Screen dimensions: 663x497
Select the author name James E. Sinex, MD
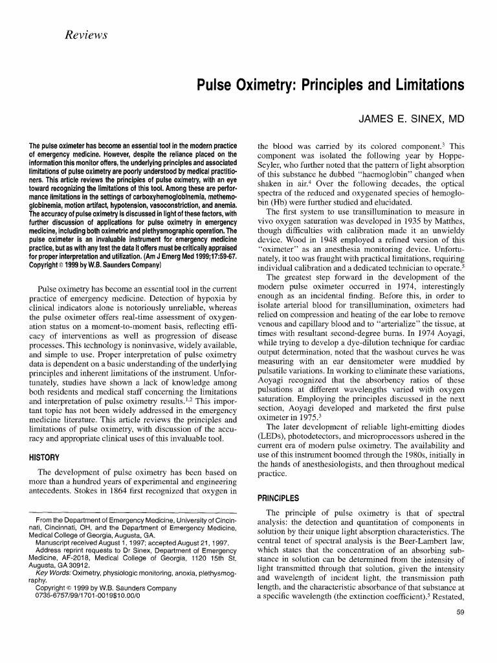407,119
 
